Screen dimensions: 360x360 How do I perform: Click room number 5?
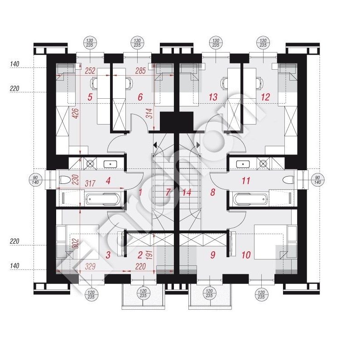pyautogui.click(x=90, y=97)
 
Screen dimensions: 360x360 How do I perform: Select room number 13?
pyautogui.click(x=213, y=97)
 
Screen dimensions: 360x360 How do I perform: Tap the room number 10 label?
pyautogui.click(x=246, y=255)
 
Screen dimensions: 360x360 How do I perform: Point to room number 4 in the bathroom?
pyautogui.click(x=108, y=181)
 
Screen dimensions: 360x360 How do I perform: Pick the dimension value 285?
pyautogui.click(x=140, y=71)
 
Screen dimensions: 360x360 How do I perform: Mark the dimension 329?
pyautogui.click(x=90, y=267)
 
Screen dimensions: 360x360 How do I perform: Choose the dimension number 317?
pyautogui.click(x=90, y=183)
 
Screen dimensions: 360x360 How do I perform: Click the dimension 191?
pyautogui.click(x=149, y=254)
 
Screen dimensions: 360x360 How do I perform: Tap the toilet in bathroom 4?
pyautogui.click(x=64, y=180)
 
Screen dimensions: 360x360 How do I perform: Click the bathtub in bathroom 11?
pyautogui.click(x=250, y=199)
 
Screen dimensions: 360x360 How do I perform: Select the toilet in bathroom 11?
pyautogui.click(x=288, y=180)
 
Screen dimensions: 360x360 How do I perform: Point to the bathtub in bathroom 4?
pyautogui.click(x=103, y=199)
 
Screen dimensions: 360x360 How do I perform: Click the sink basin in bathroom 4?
pyautogui.click(x=110, y=164)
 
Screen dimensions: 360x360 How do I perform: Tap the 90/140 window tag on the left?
pyautogui.click(x=35, y=180)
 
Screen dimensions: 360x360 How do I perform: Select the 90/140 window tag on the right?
pyautogui.click(x=317, y=180)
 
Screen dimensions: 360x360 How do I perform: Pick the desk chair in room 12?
pyautogui.click(x=260, y=83)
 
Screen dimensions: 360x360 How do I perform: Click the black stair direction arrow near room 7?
pyautogui.click(x=155, y=145)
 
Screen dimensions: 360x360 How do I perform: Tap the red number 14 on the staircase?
pyautogui.click(x=187, y=192)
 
